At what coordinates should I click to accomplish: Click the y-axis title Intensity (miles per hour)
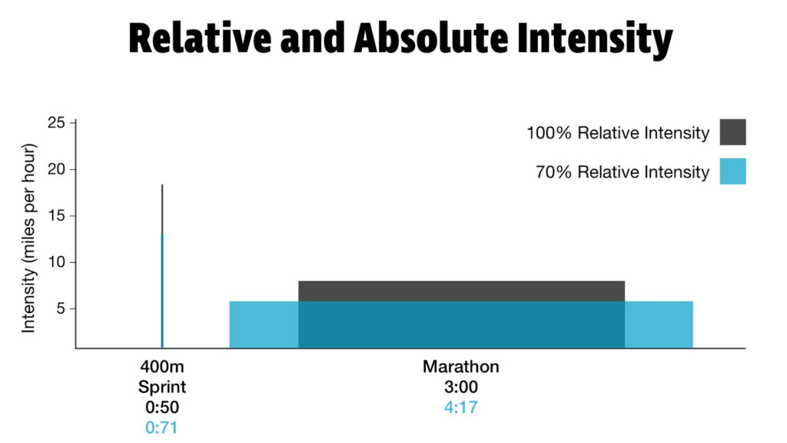tap(28, 237)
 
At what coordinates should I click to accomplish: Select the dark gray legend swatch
tap(732, 132)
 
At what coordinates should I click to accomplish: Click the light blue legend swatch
tap(732, 172)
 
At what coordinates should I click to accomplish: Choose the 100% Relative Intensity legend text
tap(617, 133)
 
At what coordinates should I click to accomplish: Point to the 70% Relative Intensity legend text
tap(622, 172)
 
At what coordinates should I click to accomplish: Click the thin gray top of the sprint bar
tap(162, 208)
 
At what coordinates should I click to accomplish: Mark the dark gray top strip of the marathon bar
tap(461, 291)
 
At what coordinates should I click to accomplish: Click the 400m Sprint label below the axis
tap(161, 376)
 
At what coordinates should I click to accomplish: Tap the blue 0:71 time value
tap(161, 428)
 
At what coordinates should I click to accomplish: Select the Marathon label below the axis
tap(460, 367)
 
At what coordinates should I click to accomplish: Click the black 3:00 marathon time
tap(460, 387)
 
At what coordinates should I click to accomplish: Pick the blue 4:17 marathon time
tap(460, 407)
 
